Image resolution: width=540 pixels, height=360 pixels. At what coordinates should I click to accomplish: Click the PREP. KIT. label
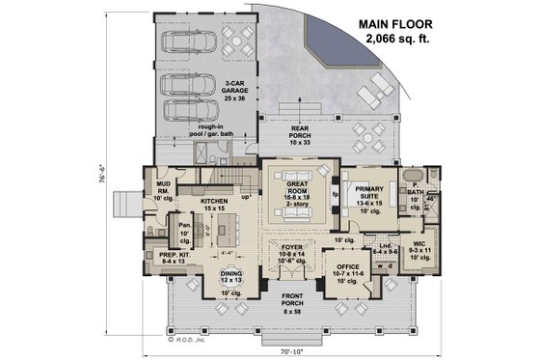(x=160, y=257)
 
